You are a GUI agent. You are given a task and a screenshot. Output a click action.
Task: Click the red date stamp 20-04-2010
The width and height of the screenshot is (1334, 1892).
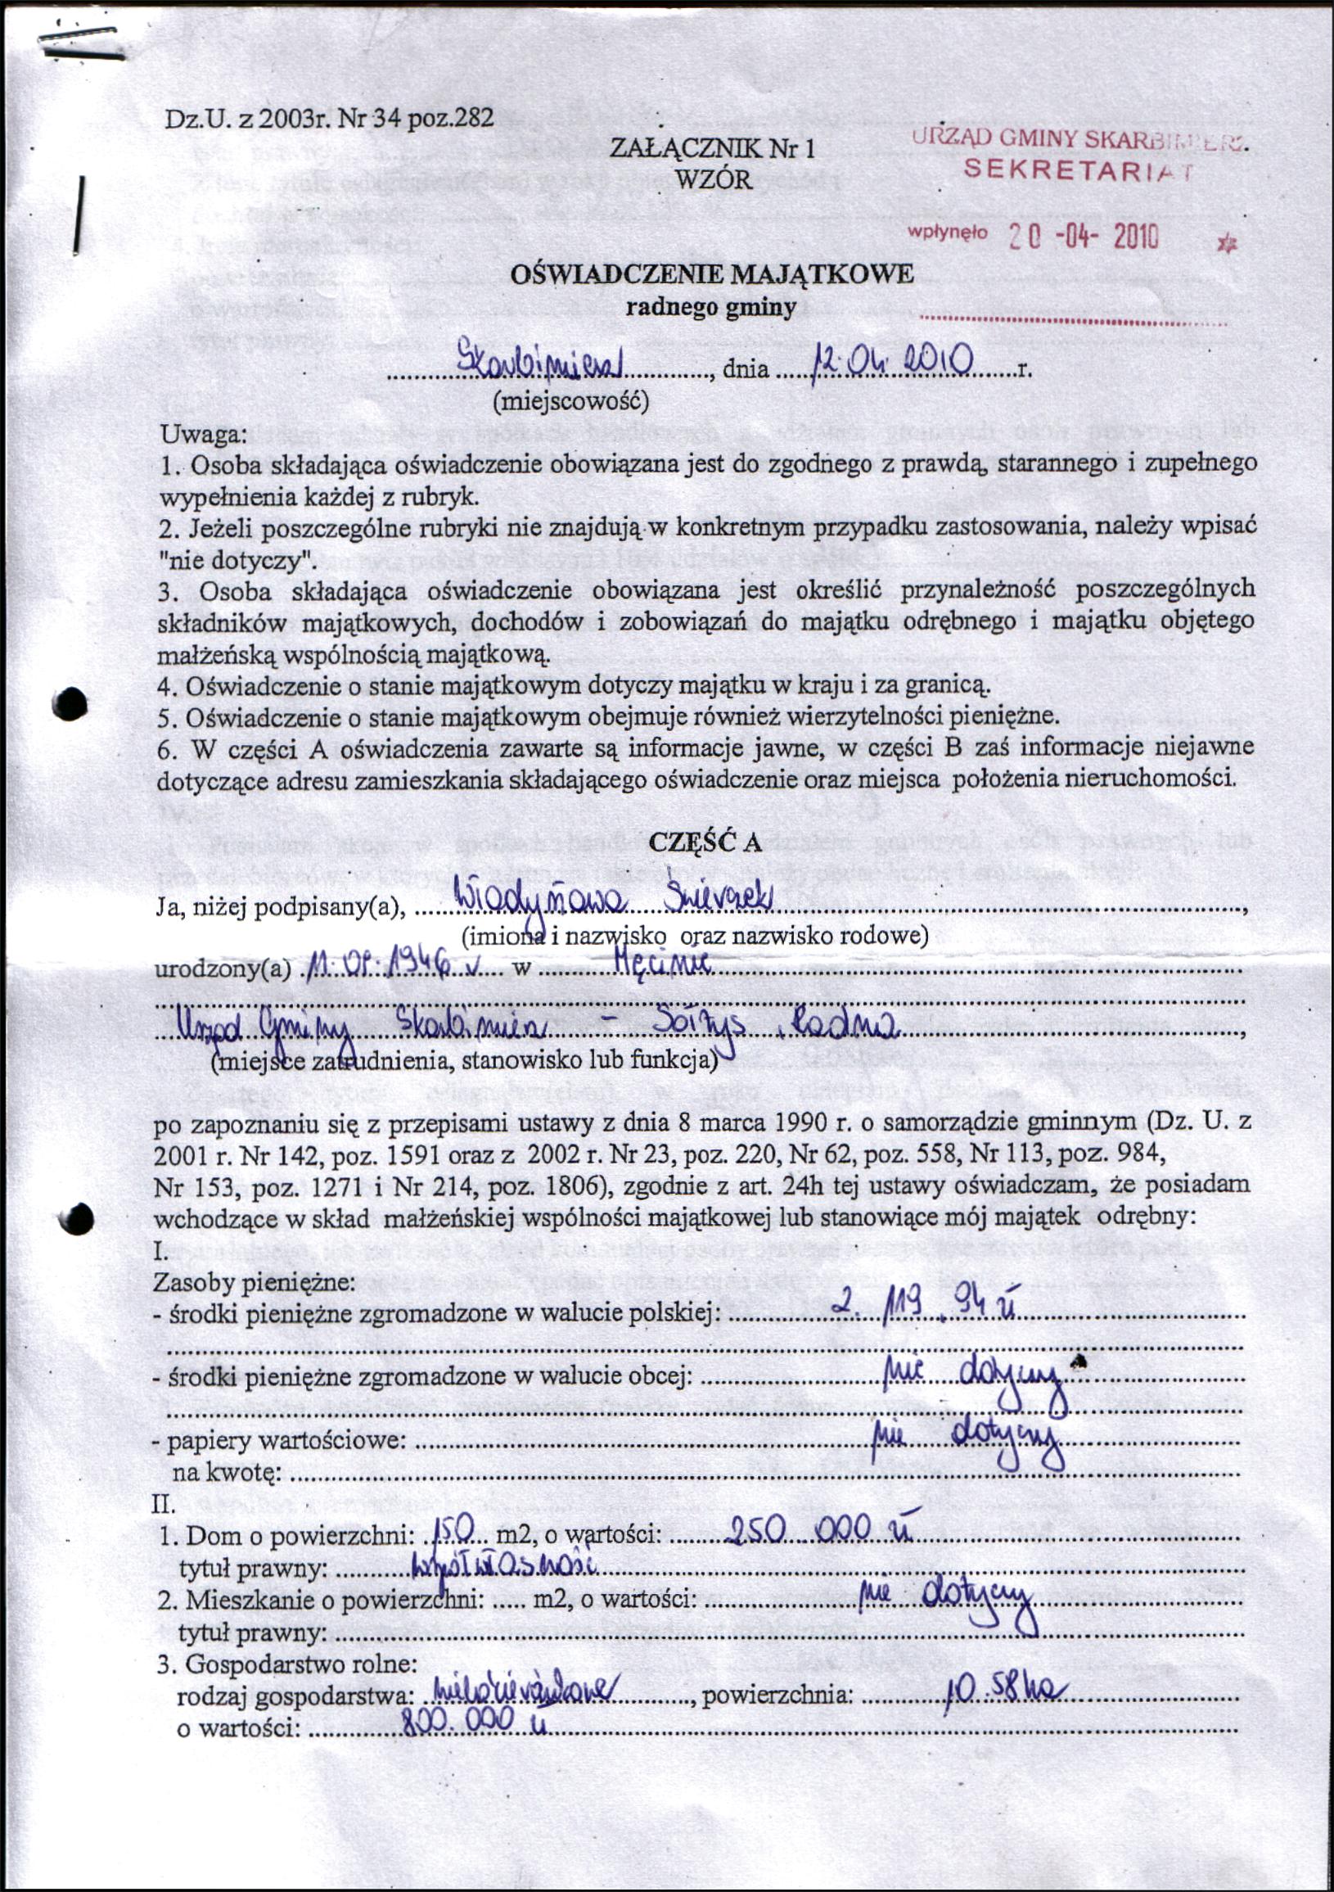[x=1084, y=237]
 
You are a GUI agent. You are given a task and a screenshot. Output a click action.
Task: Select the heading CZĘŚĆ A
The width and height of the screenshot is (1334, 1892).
[x=706, y=842]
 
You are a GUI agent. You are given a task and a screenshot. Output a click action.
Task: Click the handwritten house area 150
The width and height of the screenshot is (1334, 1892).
[x=452, y=1531]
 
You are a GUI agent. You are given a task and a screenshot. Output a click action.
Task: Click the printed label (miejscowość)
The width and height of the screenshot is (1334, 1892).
[x=570, y=401]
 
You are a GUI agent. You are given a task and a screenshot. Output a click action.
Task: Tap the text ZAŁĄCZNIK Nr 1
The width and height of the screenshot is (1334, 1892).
[x=712, y=149]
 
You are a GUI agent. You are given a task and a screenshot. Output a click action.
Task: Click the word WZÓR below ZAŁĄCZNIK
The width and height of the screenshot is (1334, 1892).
[x=713, y=179]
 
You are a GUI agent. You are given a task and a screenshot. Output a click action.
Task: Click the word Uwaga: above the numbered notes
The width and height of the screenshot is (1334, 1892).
[x=204, y=433]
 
